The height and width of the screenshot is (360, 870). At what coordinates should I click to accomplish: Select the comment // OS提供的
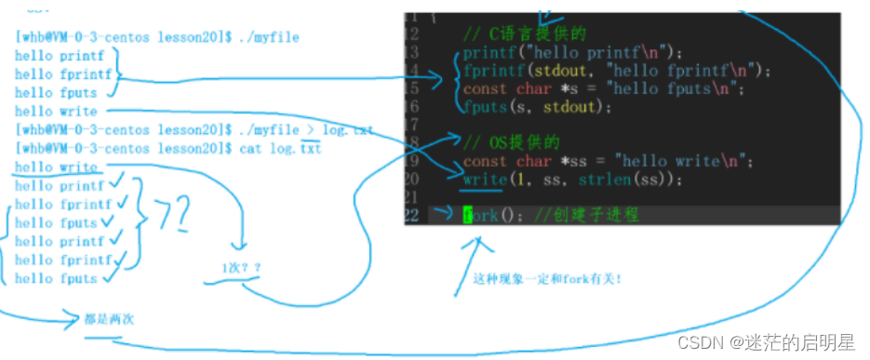click(x=512, y=142)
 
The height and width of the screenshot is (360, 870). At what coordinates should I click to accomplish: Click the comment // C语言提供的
click(x=525, y=34)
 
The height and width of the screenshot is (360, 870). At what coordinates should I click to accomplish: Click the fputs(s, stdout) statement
click(x=537, y=106)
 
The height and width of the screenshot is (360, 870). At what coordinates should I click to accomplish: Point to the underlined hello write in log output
click(x=56, y=167)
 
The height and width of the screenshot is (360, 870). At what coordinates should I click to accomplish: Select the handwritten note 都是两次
click(x=109, y=319)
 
